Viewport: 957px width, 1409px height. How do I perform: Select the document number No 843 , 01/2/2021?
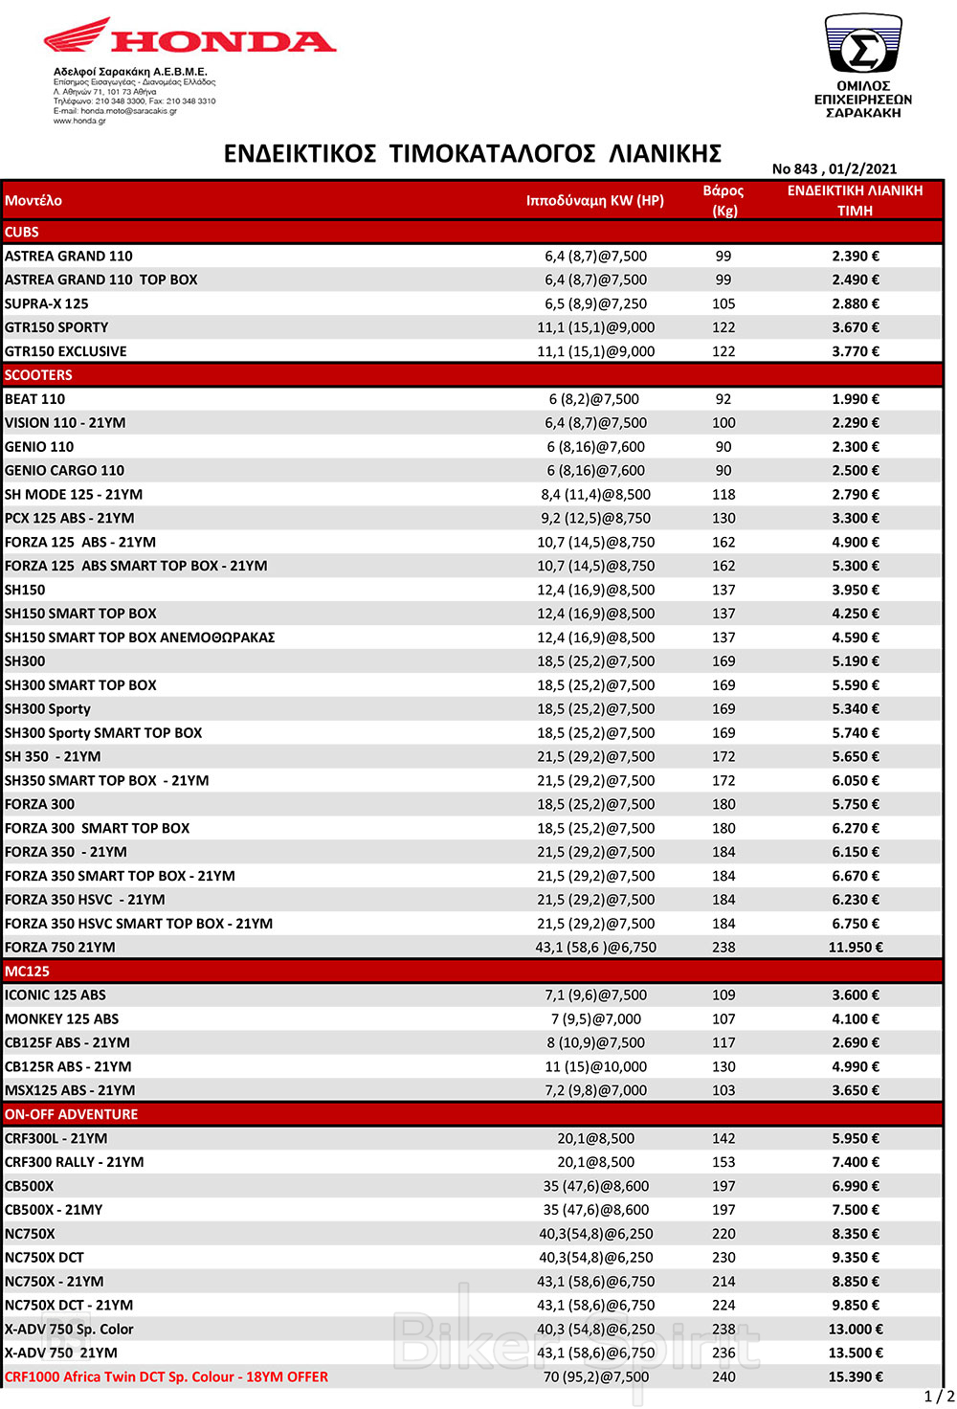click(834, 168)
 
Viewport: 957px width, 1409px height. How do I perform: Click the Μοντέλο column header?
click(33, 200)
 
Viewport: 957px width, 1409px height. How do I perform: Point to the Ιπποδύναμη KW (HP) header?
click(594, 200)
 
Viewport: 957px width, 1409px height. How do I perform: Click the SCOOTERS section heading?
click(38, 375)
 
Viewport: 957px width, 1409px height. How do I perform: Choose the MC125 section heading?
click(27, 971)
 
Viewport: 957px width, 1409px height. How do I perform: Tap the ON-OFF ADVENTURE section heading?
click(71, 1114)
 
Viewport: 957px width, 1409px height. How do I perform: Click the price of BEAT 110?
click(855, 399)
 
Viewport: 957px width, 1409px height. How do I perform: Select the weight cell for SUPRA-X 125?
click(723, 303)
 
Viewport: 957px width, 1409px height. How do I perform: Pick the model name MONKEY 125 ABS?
click(62, 1018)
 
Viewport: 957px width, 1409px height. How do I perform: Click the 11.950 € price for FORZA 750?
click(855, 947)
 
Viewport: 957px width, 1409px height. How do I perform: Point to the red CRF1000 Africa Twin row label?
click(167, 1376)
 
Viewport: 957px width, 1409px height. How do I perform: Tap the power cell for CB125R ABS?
click(595, 1066)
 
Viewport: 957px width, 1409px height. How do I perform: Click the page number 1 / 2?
click(938, 1397)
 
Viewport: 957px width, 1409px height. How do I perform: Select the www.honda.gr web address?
click(79, 121)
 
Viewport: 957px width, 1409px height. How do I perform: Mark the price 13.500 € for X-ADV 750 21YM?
click(855, 1353)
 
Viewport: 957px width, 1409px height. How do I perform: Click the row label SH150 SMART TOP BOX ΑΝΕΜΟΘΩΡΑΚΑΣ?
click(140, 637)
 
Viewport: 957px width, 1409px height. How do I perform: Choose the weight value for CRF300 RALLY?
click(723, 1162)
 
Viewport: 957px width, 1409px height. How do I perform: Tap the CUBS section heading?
click(22, 232)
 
